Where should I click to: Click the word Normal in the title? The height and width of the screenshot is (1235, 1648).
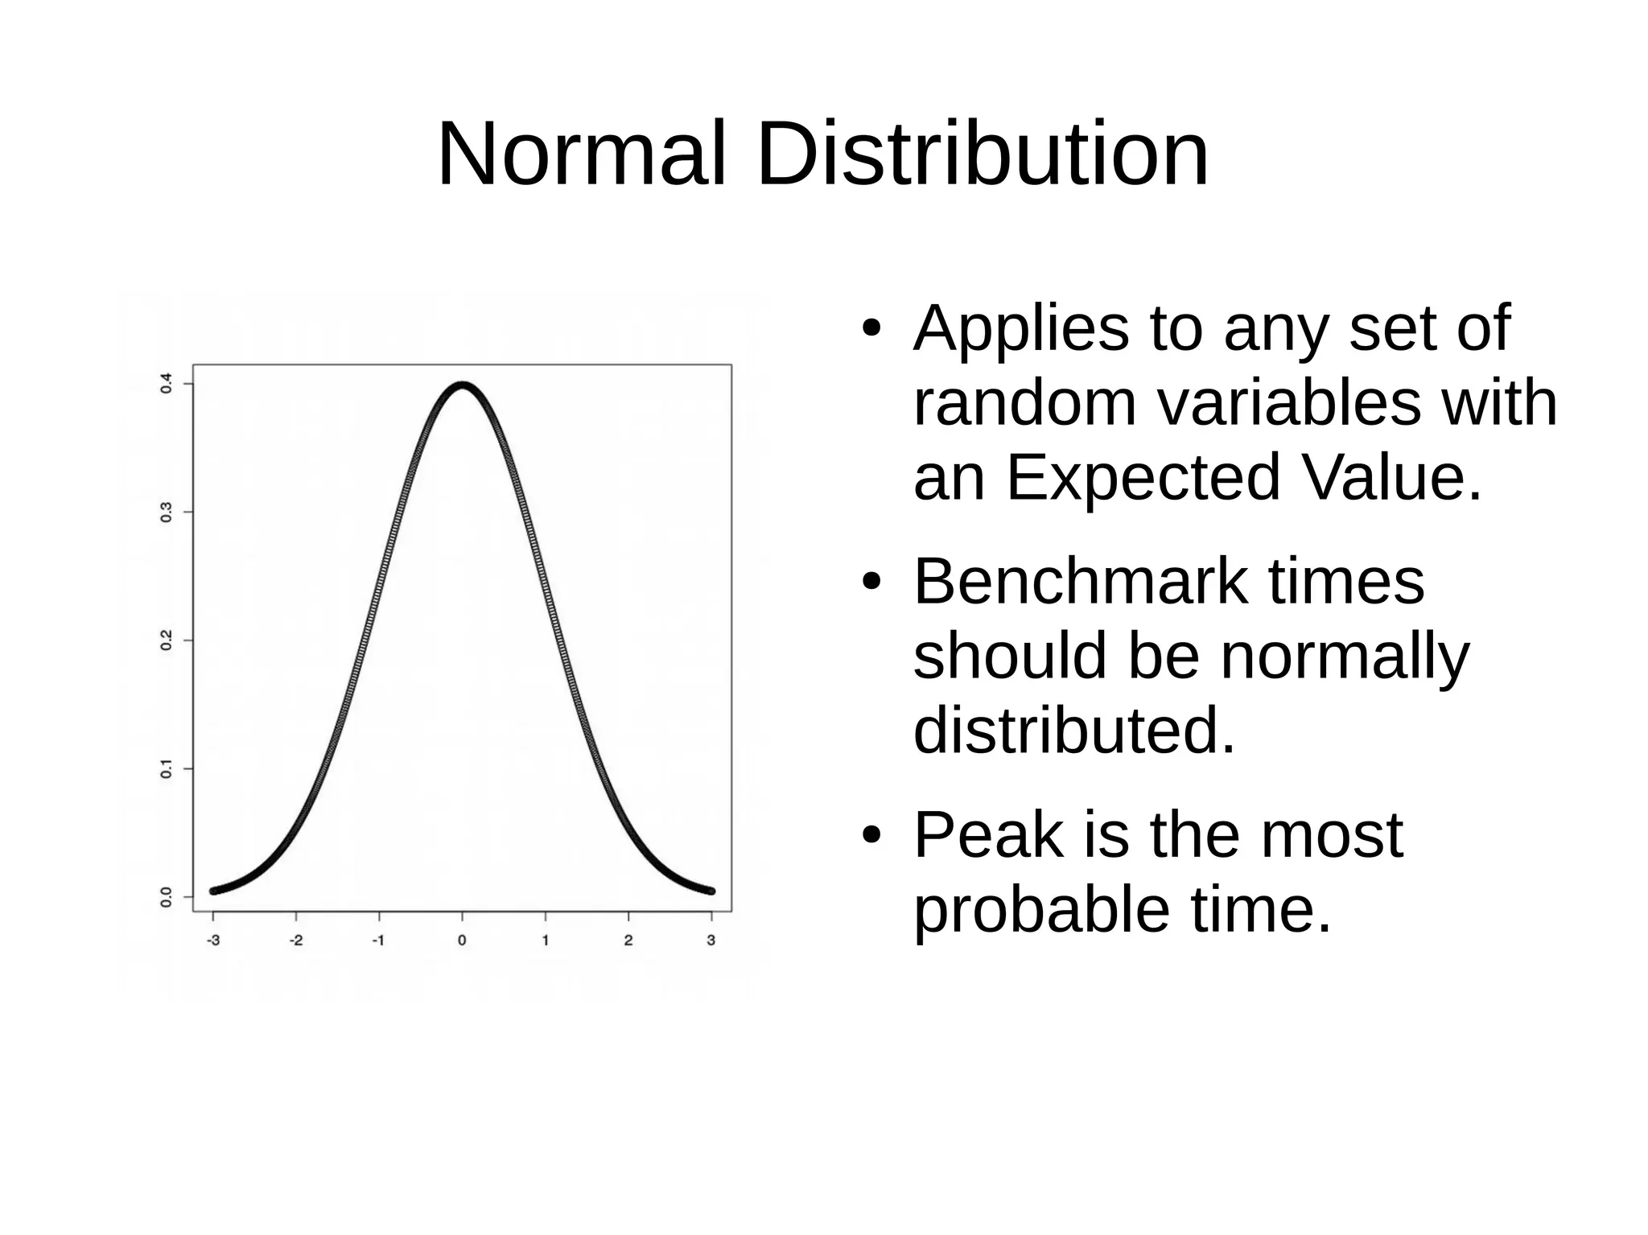point(581,154)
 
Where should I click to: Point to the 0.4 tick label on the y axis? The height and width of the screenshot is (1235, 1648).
point(166,383)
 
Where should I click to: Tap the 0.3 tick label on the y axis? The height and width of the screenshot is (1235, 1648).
point(166,512)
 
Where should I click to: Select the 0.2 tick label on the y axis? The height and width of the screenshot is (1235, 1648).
point(166,640)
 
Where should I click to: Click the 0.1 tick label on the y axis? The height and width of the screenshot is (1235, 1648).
point(166,768)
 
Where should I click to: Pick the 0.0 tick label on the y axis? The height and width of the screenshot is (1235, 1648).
point(166,896)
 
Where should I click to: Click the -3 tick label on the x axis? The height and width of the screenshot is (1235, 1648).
point(212,940)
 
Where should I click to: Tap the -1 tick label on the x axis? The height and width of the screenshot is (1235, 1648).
point(378,940)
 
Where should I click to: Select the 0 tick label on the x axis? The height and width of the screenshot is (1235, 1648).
point(462,940)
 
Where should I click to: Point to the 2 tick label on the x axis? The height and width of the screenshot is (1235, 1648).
point(628,940)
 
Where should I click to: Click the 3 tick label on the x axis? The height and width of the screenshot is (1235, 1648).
point(711,940)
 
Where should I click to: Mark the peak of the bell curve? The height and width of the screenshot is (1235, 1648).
point(463,385)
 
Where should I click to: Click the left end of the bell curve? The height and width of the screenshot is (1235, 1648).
point(213,891)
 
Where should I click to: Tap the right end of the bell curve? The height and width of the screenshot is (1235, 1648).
point(711,891)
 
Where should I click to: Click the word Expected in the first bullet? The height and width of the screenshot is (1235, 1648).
point(1143,477)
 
